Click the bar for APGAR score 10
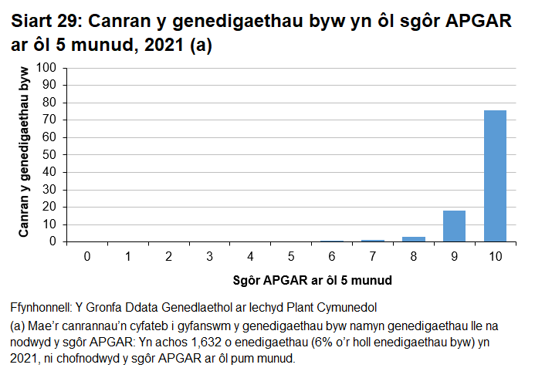[x=495, y=176]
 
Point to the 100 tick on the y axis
[x=49, y=68]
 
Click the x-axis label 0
[x=87, y=255]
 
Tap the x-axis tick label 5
[x=290, y=255]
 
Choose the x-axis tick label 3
[x=209, y=255]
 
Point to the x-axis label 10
[x=494, y=255]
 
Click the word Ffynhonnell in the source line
[x=43, y=306]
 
